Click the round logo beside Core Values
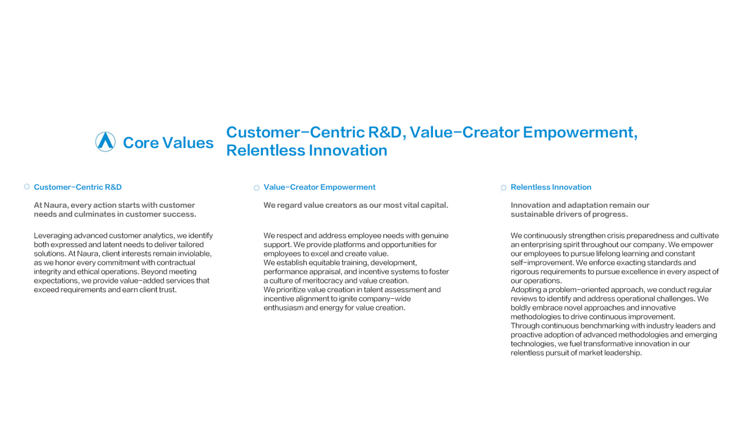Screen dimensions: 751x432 (x=105, y=141)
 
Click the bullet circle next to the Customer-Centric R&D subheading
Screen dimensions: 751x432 (x=27, y=187)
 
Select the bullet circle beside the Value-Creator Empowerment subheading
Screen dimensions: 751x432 (x=256, y=188)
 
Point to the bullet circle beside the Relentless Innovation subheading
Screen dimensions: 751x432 (x=503, y=188)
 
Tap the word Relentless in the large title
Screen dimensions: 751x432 (x=265, y=150)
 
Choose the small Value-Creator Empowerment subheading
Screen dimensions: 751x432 (x=319, y=187)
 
